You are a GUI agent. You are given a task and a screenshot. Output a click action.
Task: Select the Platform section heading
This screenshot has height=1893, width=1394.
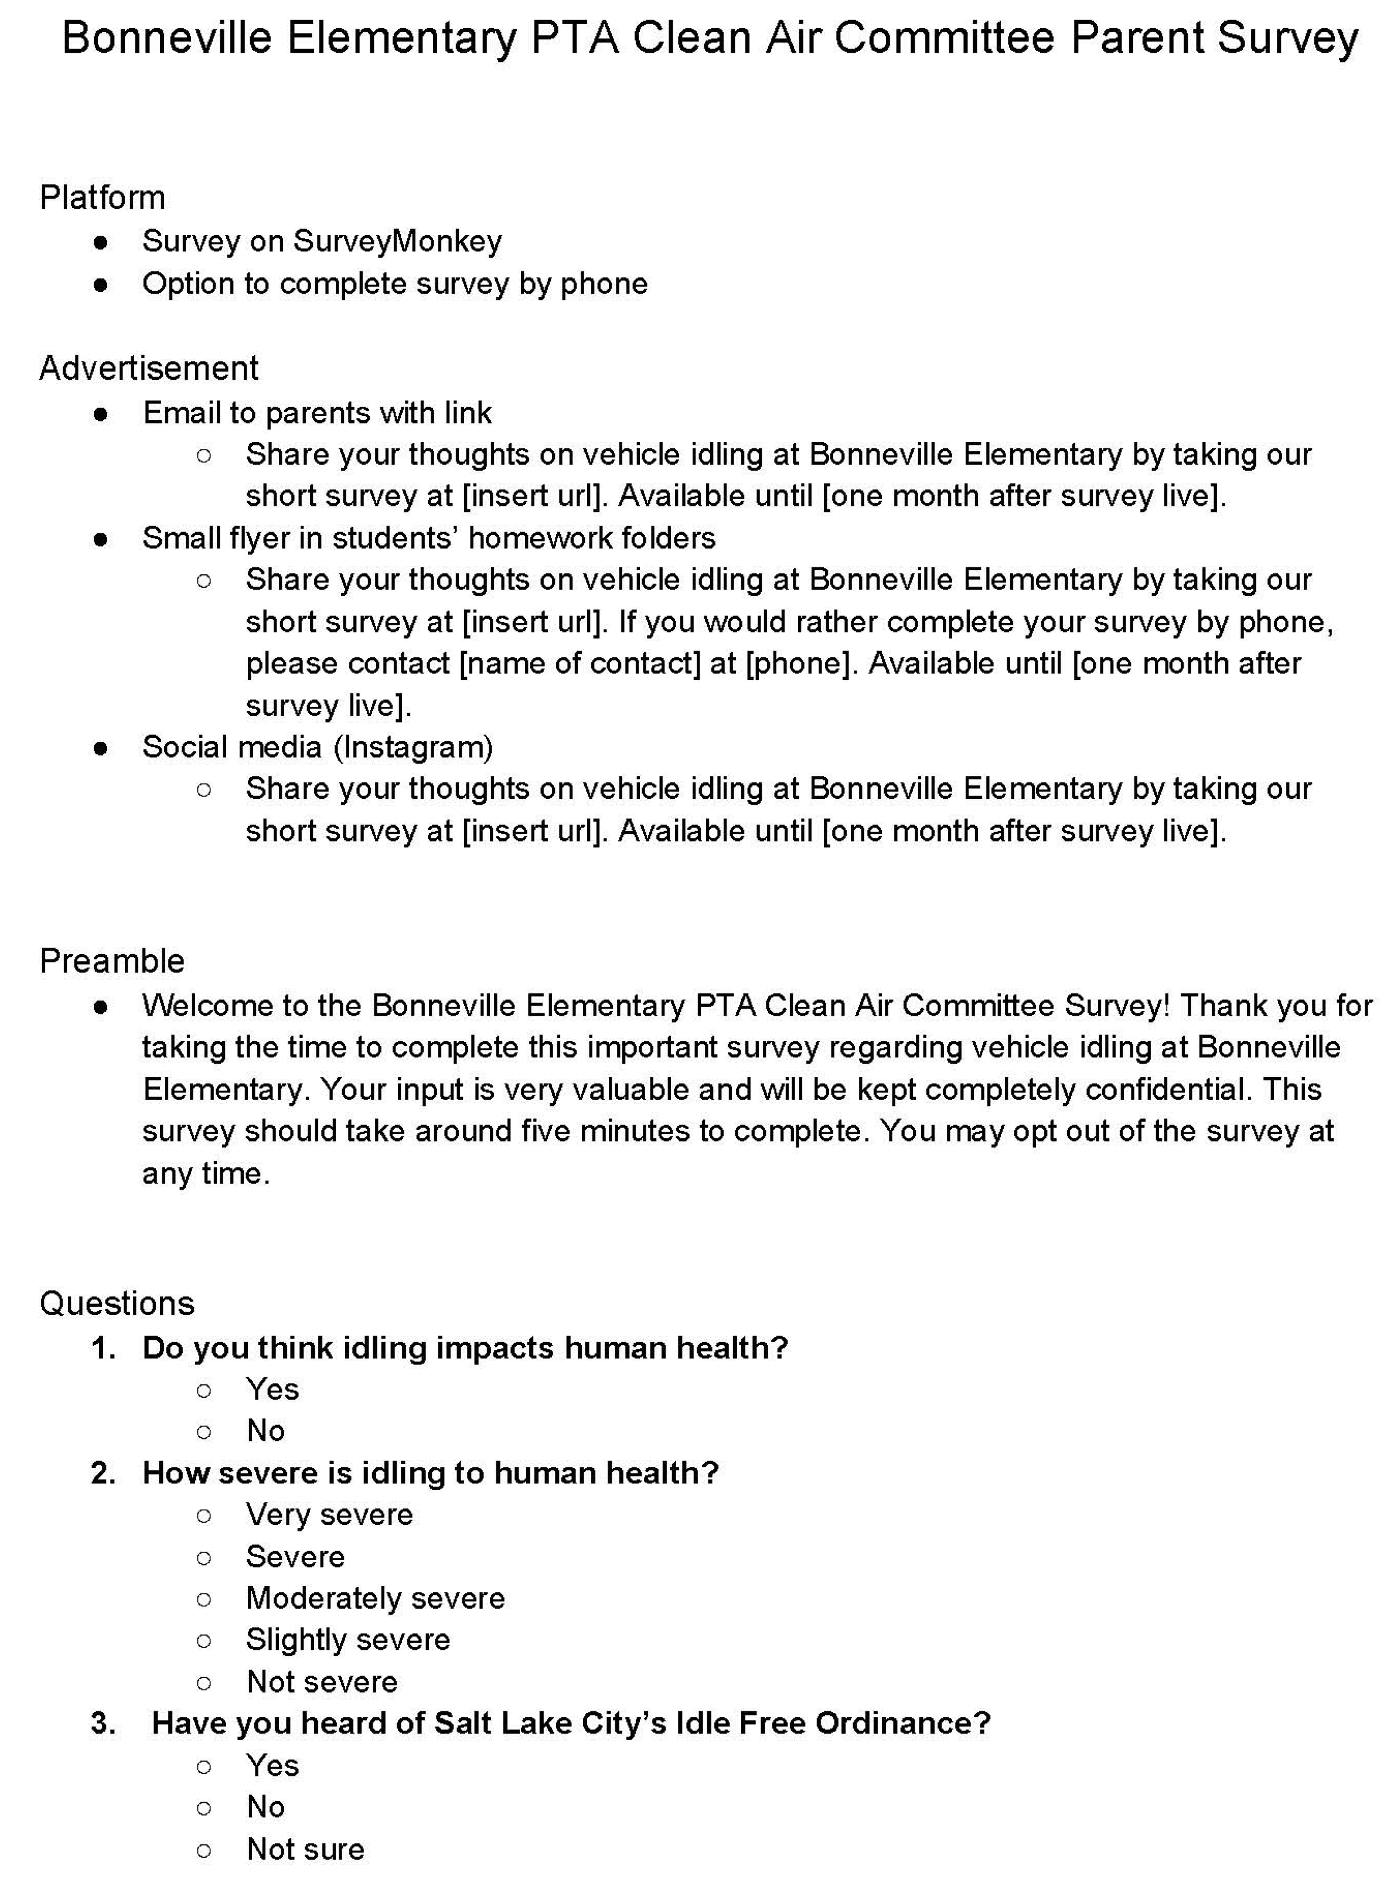point(102,198)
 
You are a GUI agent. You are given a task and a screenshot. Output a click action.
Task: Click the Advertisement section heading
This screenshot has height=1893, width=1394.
point(148,368)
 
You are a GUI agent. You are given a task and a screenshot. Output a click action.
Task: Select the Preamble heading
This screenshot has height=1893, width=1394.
point(113,961)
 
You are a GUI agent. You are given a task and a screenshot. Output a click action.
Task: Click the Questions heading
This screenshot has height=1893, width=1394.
point(117,1303)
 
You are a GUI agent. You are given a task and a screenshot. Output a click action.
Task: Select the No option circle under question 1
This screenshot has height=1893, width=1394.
point(203,1431)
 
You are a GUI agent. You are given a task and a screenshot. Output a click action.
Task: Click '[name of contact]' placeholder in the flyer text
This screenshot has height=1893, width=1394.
point(580,664)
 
